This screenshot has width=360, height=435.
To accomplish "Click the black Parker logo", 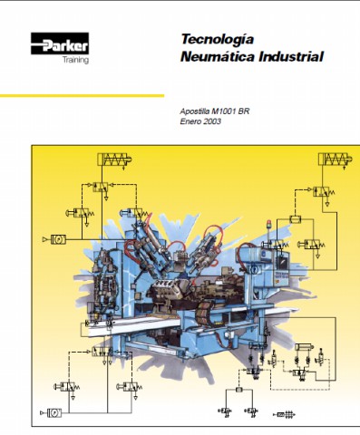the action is (x=60, y=43).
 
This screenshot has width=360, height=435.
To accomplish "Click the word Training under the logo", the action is (x=75, y=60).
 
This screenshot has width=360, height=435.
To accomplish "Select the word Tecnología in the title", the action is (x=218, y=40).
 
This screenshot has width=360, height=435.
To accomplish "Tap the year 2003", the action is (x=212, y=121).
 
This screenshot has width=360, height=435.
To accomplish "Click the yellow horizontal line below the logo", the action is (x=82, y=96).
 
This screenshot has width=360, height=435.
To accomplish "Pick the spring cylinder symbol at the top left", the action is (x=114, y=159).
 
